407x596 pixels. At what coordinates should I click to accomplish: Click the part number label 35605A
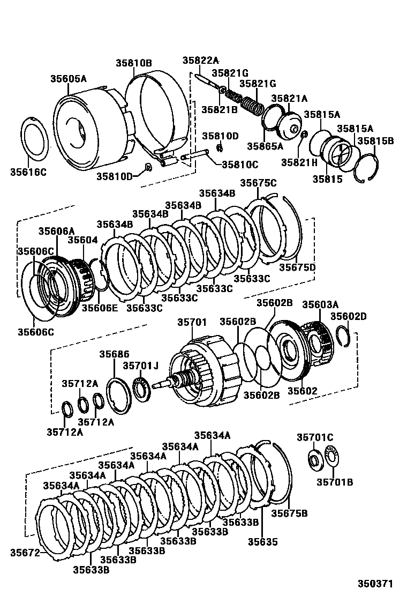(x=69, y=78)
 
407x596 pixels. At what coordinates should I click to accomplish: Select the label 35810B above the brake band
(x=134, y=63)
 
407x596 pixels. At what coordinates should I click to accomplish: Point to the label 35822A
(x=201, y=61)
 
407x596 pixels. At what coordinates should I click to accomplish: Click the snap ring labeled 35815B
(x=370, y=168)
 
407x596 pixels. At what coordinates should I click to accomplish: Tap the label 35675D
(x=297, y=267)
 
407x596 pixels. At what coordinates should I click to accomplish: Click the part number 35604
(x=83, y=240)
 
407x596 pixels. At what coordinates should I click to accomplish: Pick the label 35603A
(x=320, y=304)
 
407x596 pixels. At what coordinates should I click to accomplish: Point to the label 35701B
(x=335, y=482)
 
